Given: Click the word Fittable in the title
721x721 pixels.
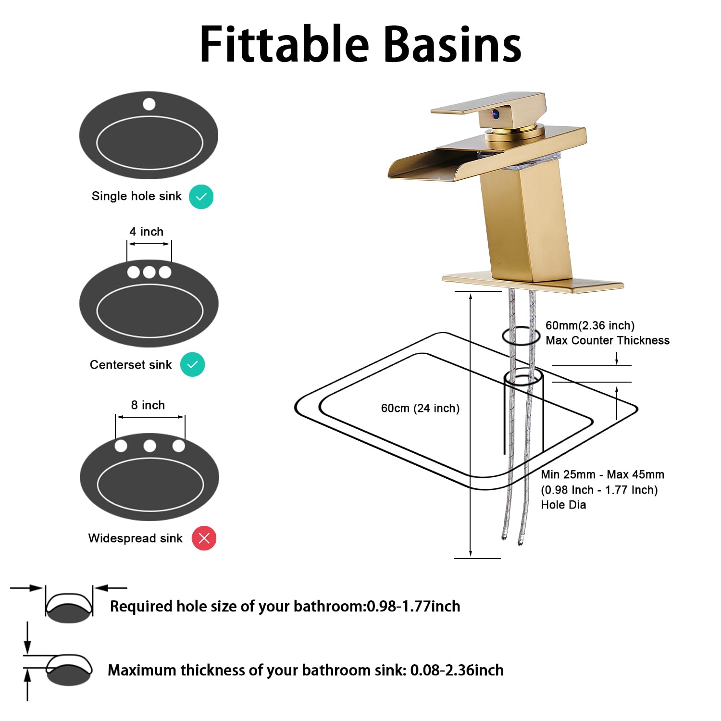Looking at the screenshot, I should coord(284,44).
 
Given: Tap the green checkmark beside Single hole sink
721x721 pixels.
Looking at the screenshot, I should coord(201,197).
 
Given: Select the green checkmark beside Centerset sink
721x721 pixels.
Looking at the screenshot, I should coord(192,364).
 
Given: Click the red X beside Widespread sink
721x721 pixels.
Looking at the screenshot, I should coord(204,538).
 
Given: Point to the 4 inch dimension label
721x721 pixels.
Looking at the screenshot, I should coord(146,232).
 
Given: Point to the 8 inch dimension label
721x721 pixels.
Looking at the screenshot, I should coord(148,405).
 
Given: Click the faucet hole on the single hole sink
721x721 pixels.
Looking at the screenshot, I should coord(149,104).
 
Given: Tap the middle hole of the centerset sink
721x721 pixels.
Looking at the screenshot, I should coord(149,272).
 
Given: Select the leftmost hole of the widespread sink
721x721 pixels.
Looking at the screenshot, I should coord(121,446).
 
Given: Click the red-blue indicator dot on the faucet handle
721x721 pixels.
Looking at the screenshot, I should coord(495,114).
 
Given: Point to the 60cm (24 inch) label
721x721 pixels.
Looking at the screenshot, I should coord(420,408).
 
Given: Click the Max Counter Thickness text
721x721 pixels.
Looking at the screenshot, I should coord(607,340).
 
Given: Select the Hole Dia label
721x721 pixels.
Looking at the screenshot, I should coord(563,505).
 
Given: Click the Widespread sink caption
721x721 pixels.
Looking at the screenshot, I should coord(135,538).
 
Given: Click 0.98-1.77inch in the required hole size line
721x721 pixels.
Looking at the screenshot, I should coord(413,607).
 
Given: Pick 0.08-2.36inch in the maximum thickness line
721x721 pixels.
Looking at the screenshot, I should coord(457,670).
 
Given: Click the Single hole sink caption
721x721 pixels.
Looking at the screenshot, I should coord(137,196).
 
